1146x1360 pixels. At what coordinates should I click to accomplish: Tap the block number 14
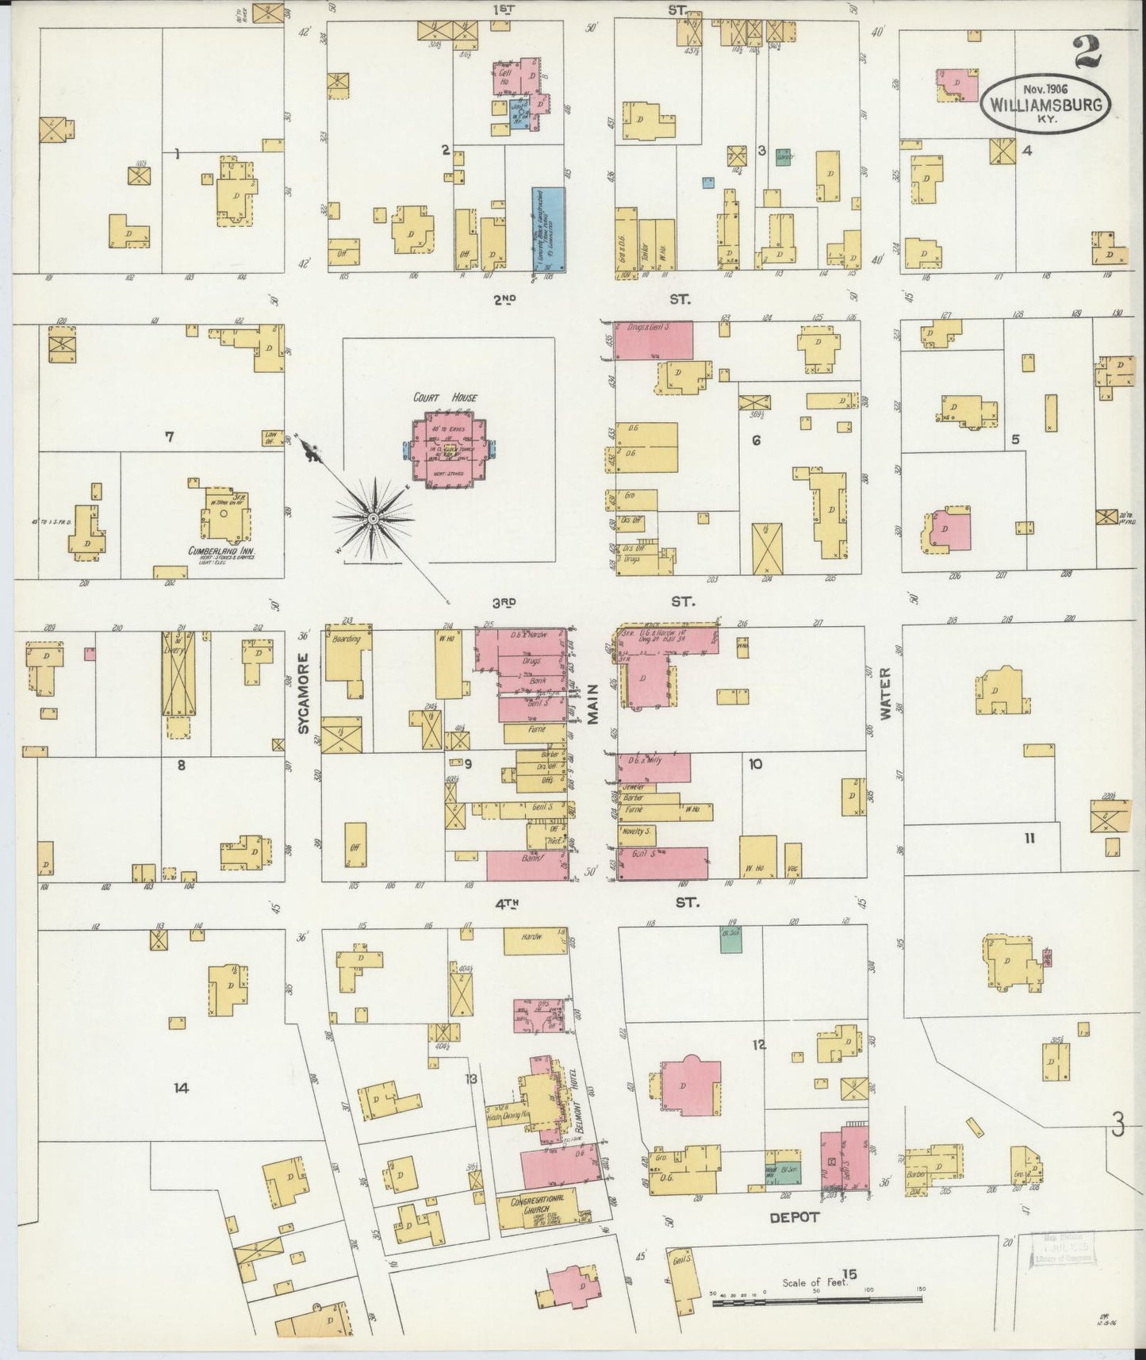181,1088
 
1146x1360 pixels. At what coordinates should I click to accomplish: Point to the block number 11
1029,837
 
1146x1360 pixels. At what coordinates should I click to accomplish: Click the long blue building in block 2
548,228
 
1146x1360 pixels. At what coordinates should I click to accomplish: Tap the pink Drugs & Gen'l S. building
653,339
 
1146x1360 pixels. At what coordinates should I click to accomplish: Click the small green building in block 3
784,156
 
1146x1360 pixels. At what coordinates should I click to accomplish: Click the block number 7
168,436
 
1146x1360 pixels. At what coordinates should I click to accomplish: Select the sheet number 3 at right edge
1118,1124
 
